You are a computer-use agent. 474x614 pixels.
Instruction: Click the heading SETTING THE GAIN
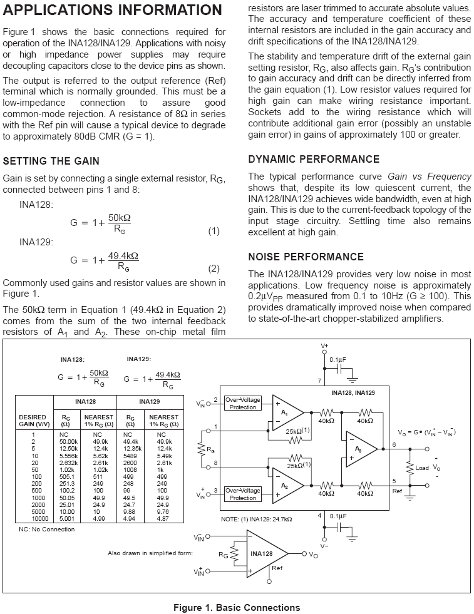[x=51, y=160]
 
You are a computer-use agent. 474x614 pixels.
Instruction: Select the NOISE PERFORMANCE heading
[x=306, y=257]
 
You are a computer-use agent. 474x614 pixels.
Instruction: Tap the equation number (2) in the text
[x=214, y=269]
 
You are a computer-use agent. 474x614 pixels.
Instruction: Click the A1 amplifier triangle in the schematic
[x=286, y=414]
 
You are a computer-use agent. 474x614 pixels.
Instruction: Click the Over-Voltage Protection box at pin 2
[x=242, y=404]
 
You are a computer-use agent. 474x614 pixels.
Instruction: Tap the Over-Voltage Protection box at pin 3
[x=242, y=494]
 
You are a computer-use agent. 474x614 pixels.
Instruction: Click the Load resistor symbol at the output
[x=410, y=468]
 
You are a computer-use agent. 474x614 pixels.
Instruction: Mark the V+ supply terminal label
[x=324, y=345]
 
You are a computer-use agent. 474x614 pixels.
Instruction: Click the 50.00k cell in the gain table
[x=68, y=441]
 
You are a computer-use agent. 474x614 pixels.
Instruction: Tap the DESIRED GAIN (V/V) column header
[x=32, y=420]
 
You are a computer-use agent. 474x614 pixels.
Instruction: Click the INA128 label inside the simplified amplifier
[x=262, y=554]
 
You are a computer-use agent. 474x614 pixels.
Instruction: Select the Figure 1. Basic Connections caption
[x=237, y=607]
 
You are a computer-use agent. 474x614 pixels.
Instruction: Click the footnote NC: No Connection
[x=46, y=530]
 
